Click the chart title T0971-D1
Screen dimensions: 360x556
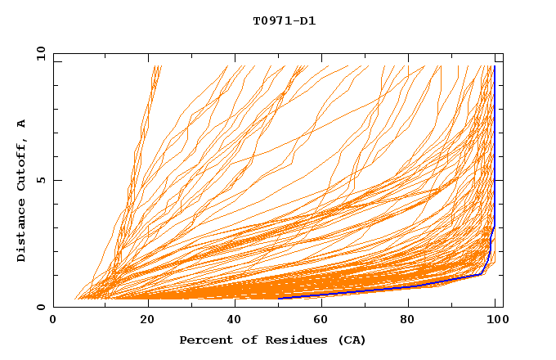(284, 21)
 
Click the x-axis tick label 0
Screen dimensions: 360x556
(53, 322)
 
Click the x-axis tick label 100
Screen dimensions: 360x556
(495, 322)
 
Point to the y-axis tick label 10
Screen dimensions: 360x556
(40, 53)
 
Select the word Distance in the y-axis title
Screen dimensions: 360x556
(22, 232)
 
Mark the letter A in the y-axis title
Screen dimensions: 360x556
(22, 123)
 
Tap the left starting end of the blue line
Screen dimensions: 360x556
(280, 298)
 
